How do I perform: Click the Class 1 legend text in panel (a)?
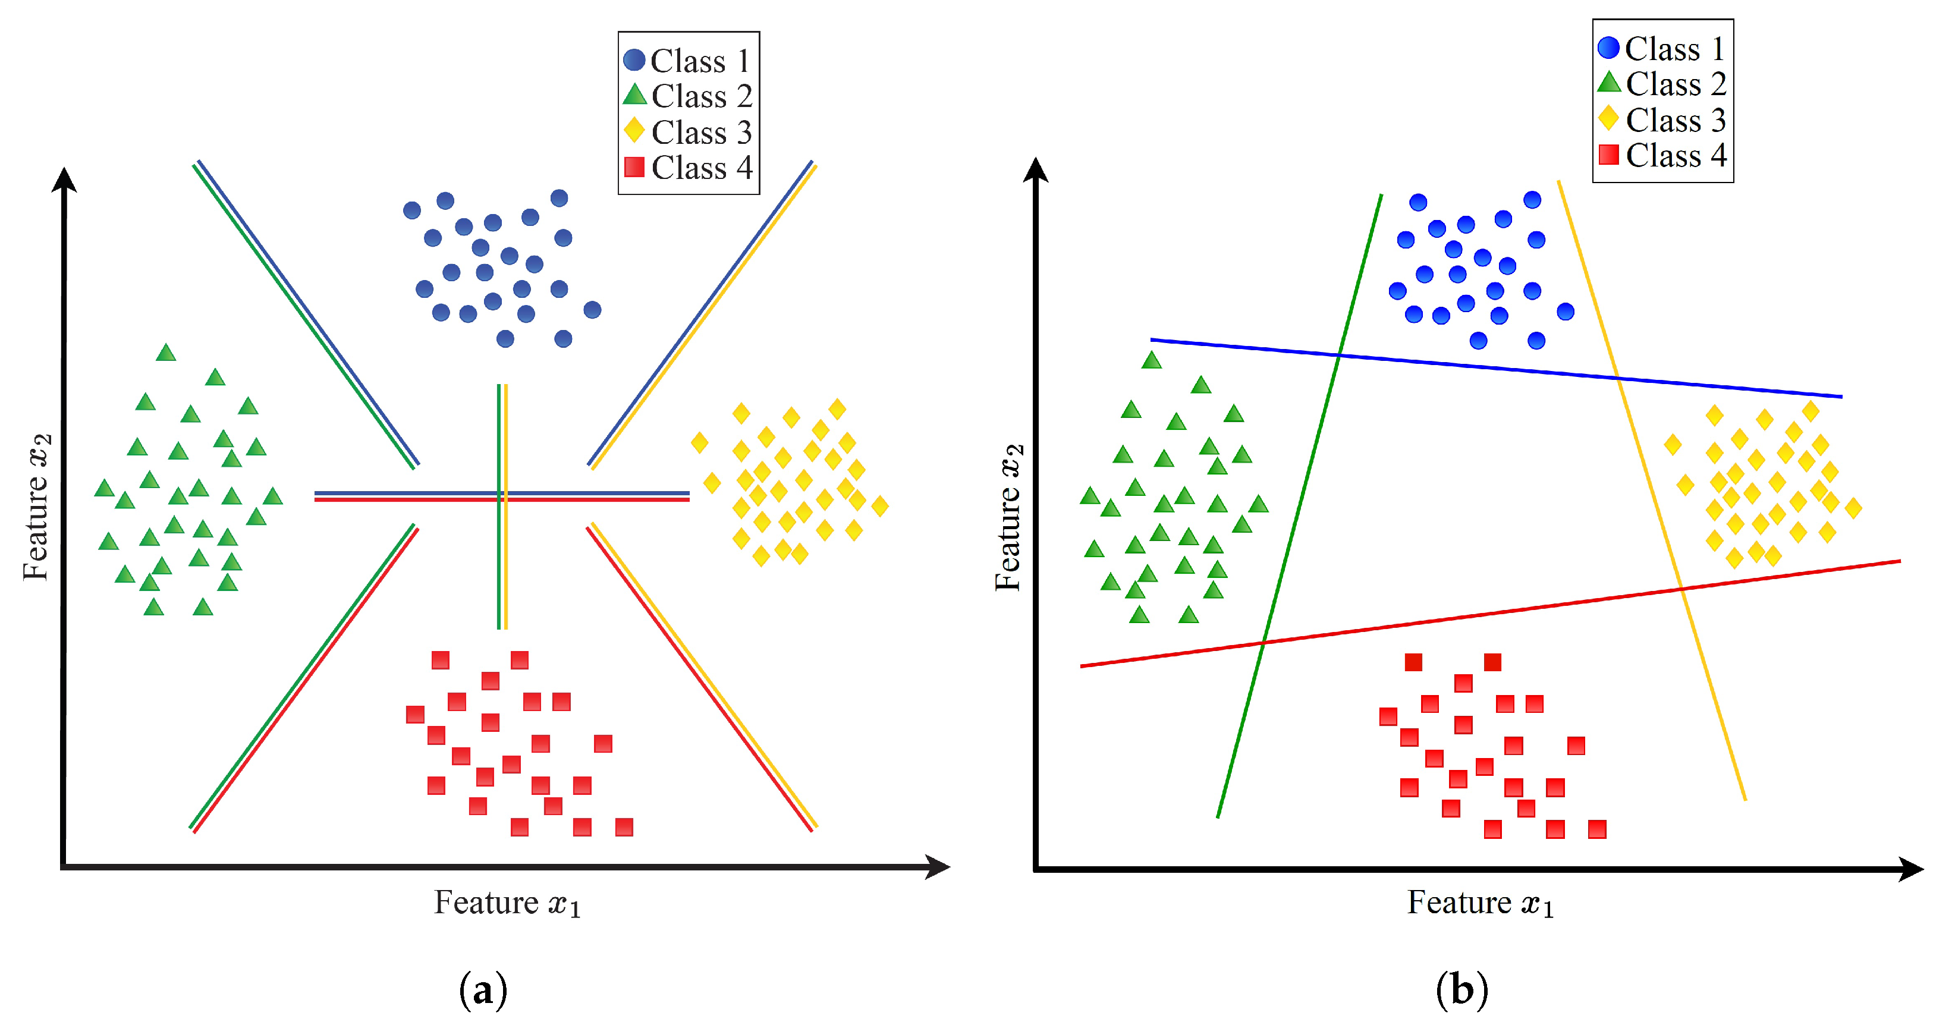[x=700, y=61]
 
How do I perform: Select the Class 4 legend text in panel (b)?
[x=1676, y=156]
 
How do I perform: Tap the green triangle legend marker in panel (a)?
[x=634, y=95]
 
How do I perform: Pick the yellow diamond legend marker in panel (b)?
[x=1608, y=118]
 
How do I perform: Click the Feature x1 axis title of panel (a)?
[x=507, y=903]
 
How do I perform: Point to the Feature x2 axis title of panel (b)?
[x=1010, y=517]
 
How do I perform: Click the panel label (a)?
[x=483, y=990]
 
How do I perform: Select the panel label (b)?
[x=1461, y=990]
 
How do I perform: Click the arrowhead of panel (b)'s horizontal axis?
[x=1911, y=868]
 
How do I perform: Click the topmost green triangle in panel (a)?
[x=166, y=353]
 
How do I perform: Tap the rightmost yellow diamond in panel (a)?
[x=879, y=506]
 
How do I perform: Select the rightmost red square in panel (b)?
[x=1597, y=829]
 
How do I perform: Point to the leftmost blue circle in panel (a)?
[x=412, y=210]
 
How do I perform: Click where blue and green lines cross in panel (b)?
[x=1340, y=354]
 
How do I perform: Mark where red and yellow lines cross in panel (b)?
[x=1680, y=587]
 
